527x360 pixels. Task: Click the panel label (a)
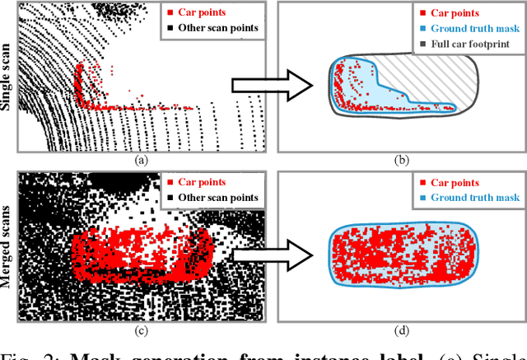coord(140,160)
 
